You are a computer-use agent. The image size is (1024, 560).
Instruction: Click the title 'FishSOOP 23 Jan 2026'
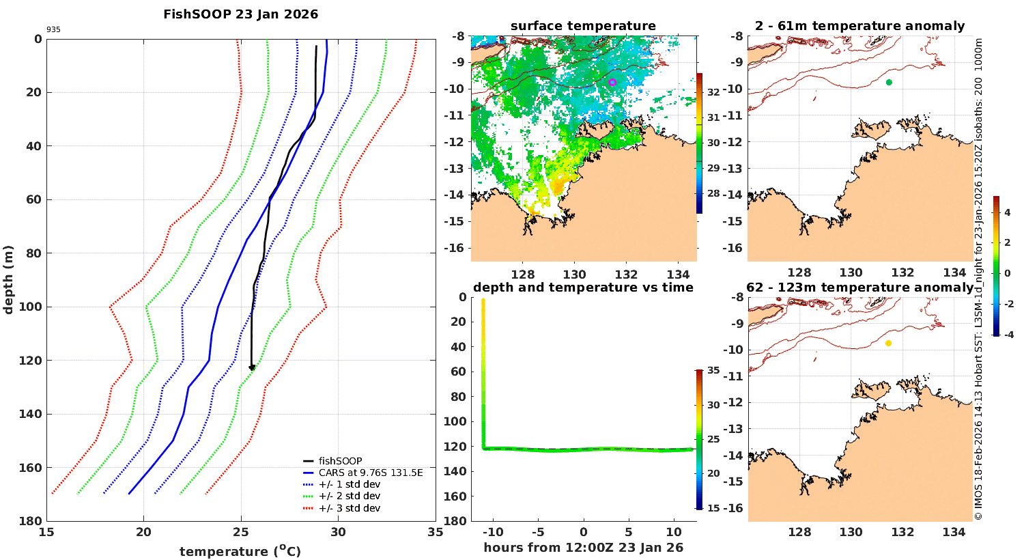(240, 14)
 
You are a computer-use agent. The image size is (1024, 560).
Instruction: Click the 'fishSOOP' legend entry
(340, 461)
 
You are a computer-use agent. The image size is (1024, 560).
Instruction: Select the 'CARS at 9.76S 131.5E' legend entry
(371, 473)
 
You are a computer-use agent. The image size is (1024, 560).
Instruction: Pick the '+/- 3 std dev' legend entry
(349, 508)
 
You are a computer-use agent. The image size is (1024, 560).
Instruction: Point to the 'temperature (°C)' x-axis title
(240, 551)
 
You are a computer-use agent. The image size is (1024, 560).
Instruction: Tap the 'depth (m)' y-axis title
(9, 279)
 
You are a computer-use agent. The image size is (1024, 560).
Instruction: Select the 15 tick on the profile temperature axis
(46, 533)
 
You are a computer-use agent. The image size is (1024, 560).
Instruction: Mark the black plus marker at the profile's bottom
(252, 367)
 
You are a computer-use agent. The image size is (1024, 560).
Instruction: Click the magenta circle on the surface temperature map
(612, 82)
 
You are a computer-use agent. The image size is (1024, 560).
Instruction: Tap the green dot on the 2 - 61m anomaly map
(889, 82)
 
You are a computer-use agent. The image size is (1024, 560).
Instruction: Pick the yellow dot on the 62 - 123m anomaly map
(888, 343)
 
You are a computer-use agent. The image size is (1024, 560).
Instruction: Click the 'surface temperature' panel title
(583, 26)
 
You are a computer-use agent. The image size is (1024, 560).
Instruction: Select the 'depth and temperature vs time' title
(583, 288)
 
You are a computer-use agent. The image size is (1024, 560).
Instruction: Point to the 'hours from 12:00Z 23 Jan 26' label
(583, 548)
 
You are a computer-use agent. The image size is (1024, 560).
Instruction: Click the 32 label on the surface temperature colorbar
(713, 92)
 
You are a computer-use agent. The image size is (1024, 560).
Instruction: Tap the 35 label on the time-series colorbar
(713, 371)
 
